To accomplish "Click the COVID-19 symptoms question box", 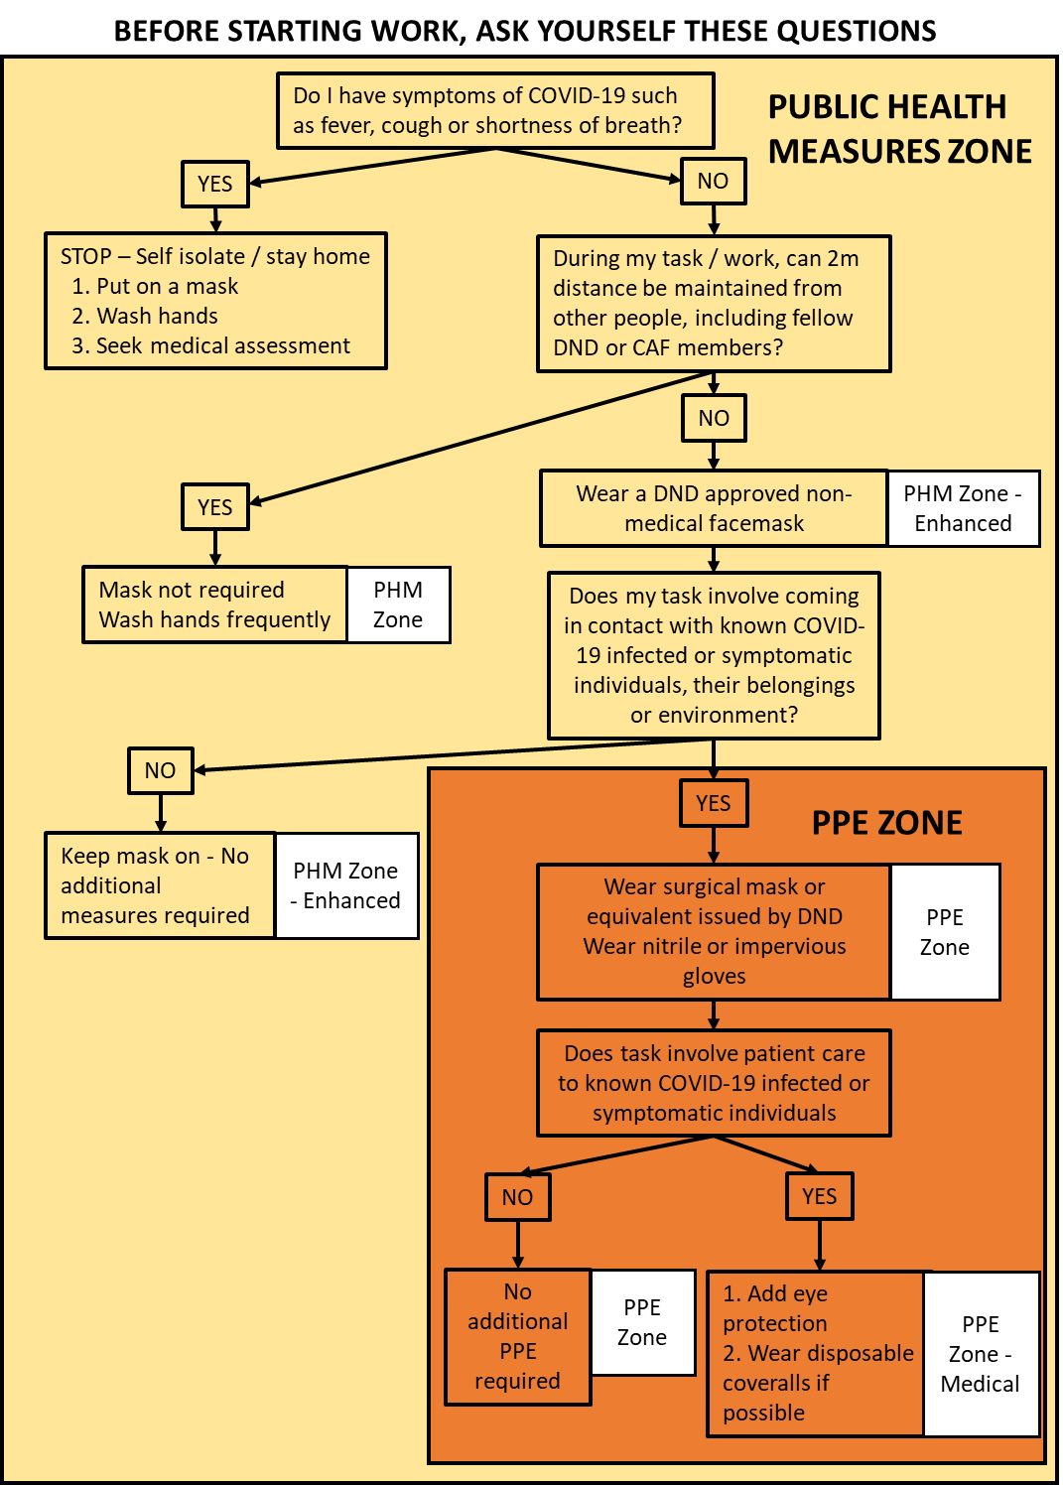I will pos(495,110).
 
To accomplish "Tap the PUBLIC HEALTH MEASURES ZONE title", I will pos(899,129).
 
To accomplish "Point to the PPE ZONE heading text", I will pos(886,823).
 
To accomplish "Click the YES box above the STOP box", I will pos(215,184).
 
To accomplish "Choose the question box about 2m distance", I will pos(714,303).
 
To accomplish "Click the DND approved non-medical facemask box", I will pos(714,508).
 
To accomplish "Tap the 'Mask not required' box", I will pos(214,605).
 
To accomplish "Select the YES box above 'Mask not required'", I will pos(215,507).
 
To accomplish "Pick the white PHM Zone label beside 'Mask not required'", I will pos(398,605).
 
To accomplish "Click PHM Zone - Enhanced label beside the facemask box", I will pos(963,508).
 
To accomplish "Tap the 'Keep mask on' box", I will pos(160,885).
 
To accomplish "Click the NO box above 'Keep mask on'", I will pos(161,770).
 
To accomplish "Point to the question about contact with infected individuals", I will pos(714,655).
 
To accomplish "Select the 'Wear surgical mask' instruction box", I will pos(714,931).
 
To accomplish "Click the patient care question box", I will pos(714,1083).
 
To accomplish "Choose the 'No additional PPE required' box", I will pos(517,1336).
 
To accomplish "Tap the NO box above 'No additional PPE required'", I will pos(517,1197).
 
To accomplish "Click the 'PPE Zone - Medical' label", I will pos(981,1354).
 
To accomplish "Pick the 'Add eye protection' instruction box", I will pos(816,1353).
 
